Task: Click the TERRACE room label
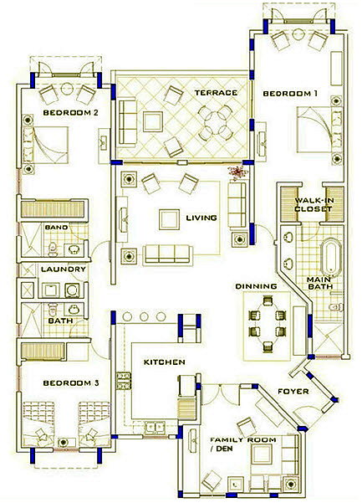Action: [216, 93]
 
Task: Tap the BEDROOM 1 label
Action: [290, 94]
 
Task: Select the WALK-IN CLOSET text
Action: [314, 205]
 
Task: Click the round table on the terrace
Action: [215, 121]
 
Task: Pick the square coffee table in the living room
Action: [169, 220]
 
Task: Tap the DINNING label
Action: [257, 286]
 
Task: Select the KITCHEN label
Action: [164, 362]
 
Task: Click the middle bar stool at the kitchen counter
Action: [144, 317]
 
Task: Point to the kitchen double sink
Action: [155, 428]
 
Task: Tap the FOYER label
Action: [293, 392]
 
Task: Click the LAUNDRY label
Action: [64, 269]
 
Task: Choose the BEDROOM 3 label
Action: [71, 383]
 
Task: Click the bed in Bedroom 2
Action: [45, 145]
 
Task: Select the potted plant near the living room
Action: [237, 172]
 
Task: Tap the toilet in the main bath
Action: [336, 306]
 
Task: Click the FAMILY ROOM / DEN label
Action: [242, 444]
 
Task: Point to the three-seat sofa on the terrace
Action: [128, 122]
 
